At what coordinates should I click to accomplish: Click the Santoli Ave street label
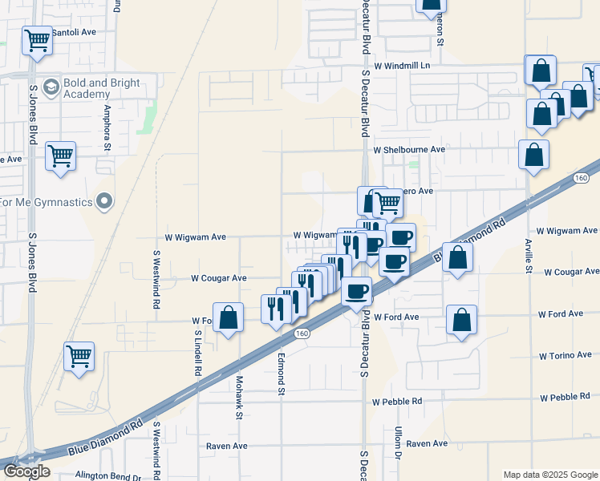(x=73, y=32)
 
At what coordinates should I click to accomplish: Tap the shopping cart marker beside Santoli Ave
(x=37, y=41)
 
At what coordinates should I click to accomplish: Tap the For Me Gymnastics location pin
(x=103, y=201)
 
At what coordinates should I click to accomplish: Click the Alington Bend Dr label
(x=107, y=475)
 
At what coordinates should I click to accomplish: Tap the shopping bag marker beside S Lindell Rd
(x=229, y=317)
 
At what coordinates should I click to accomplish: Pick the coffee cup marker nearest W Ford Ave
(x=357, y=291)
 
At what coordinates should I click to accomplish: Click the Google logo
(x=26, y=471)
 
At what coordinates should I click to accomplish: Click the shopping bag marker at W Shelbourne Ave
(x=533, y=155)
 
